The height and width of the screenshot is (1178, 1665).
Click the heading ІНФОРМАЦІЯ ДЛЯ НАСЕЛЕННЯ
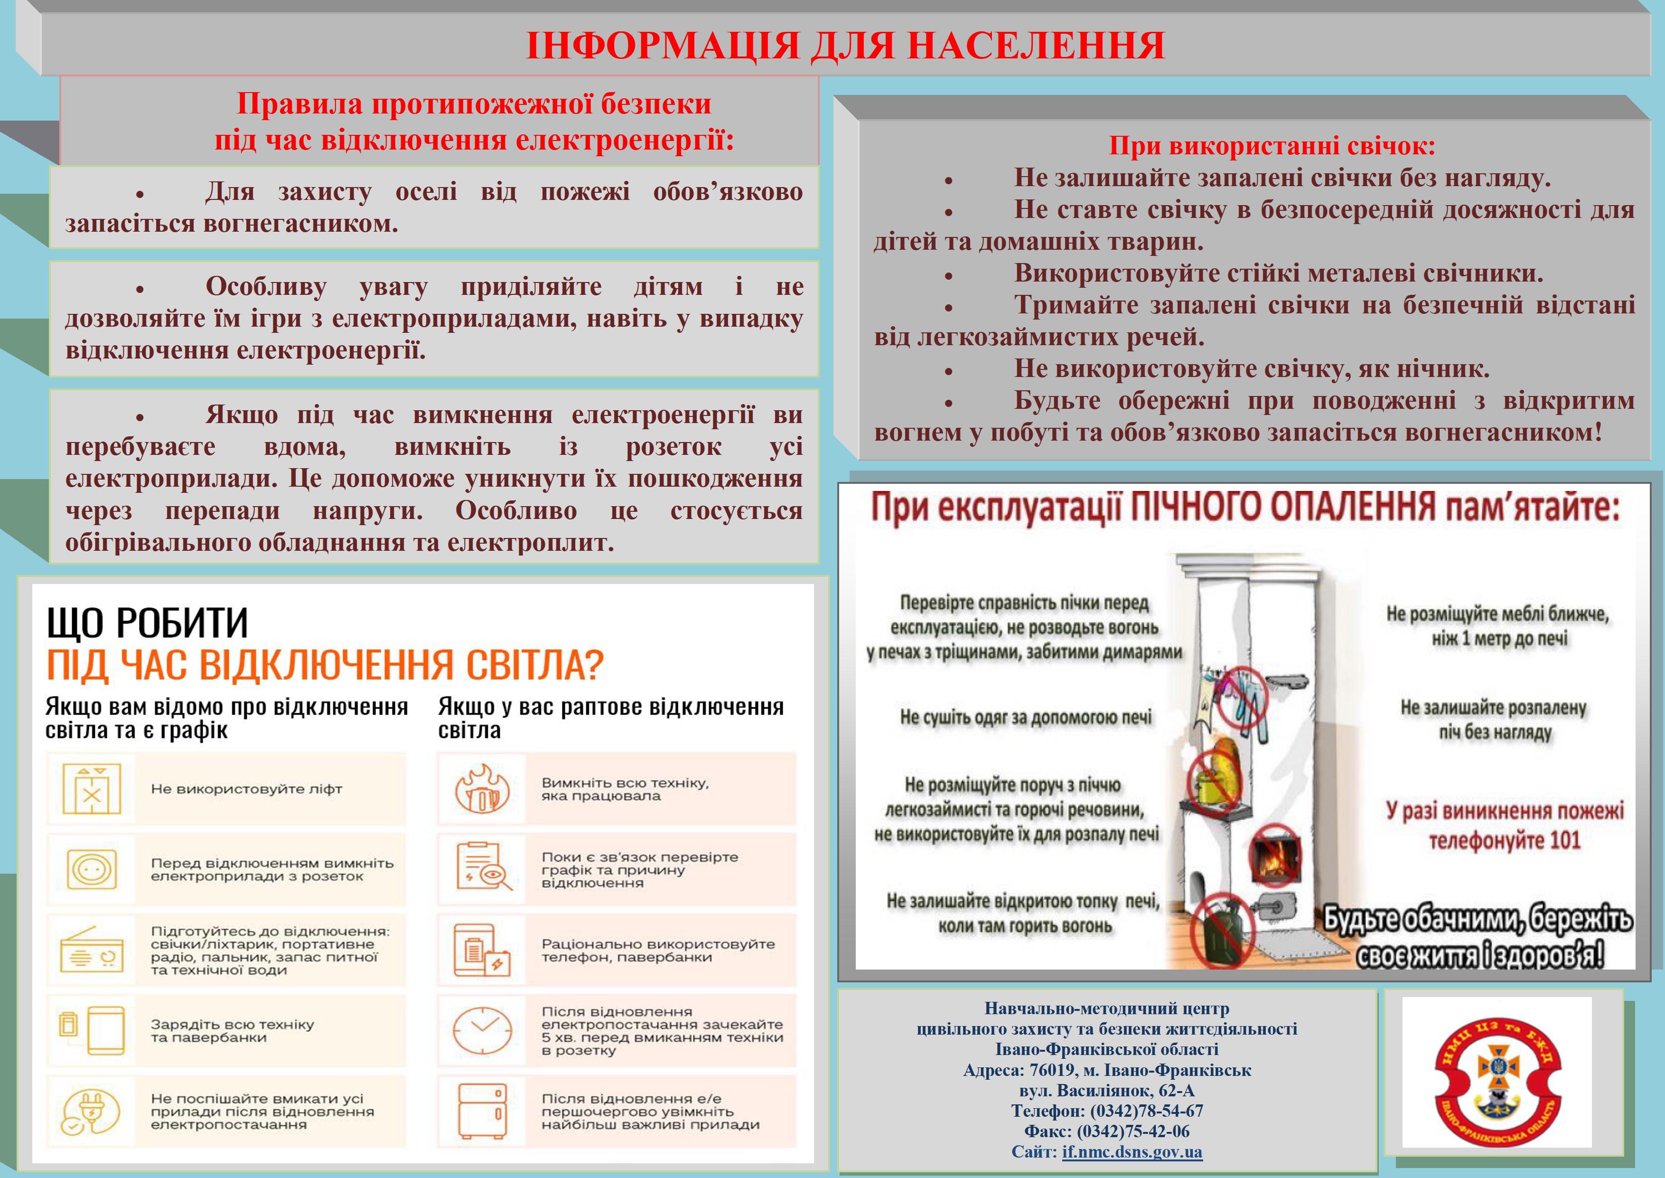pyautogui.click(x=845, y=45)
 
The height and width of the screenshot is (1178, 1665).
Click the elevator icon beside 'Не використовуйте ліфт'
pyautogui.click(x=92, y=789)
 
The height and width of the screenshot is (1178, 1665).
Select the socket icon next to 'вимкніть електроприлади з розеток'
pyautogui.click(x=92, y=869)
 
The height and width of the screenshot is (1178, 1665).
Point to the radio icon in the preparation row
pyautogui.click(x=92, y=950)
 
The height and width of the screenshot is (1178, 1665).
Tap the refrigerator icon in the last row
pyautogui.click(x=482, y=1111)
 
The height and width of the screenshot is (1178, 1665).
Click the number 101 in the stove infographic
pyautogui.click(x=1565, y=840)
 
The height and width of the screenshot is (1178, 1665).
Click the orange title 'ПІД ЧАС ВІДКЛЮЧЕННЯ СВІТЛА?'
pyautogui.click(x=325, y=664)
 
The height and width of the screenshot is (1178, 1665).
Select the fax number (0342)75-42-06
pyautogui.click(x=1133, y=1131)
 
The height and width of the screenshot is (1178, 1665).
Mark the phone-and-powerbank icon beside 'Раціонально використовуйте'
pyautogui.click(x=482, y=950)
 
